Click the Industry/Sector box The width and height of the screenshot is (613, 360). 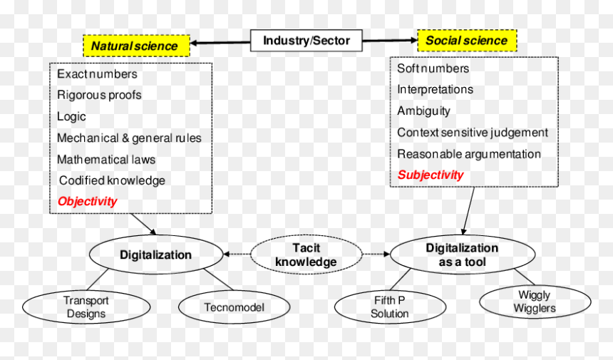[306, 40]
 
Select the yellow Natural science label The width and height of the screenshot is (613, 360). [136, 46]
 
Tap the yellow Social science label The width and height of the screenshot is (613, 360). [467, 40]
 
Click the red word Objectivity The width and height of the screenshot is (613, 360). [87, 201]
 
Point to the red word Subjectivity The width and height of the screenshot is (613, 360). [431, 175]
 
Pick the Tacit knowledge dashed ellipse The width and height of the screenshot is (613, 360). [306, 254]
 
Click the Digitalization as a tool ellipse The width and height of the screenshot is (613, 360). [463, 254]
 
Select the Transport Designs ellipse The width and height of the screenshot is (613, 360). [86, 307]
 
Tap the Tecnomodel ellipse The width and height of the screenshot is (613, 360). [235, 307]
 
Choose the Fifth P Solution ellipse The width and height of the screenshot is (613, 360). [390, 307]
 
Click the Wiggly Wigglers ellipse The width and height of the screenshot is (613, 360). [535, 302]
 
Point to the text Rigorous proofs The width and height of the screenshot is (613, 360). [99, 95]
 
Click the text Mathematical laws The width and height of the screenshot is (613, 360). [106, 160]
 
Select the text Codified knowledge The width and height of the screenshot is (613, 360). [112, 180]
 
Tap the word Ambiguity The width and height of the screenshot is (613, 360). [424, 111]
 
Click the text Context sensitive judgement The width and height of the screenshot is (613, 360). [473, 133]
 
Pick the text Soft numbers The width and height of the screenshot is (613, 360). [433, 68]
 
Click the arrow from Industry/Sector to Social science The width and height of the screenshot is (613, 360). [390, 40]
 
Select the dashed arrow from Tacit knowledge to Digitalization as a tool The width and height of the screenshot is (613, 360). [376, 254]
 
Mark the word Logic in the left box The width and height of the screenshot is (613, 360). [71, 116]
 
